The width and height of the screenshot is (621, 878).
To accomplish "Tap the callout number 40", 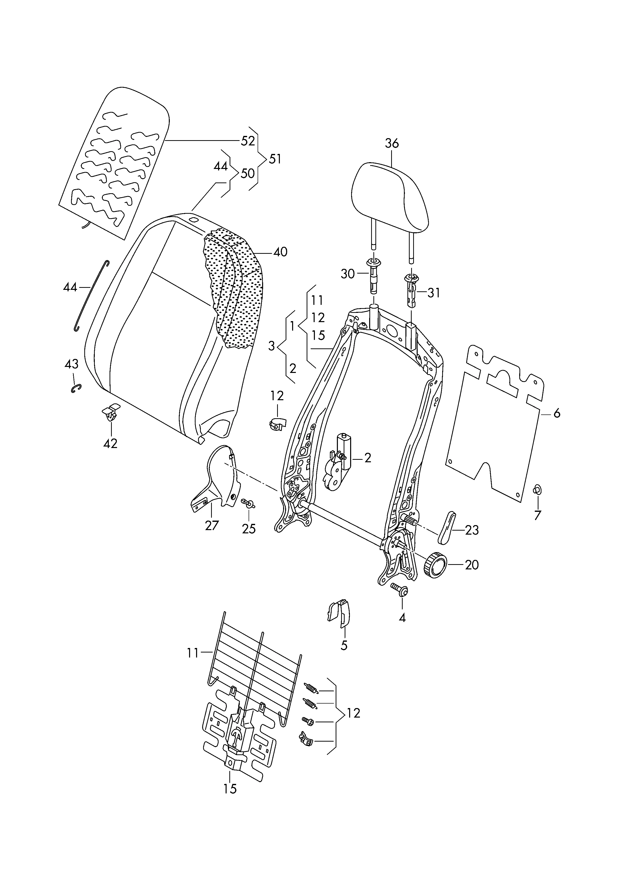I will tap(280, 252).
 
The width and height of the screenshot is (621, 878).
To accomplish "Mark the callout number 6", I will tap(556, 413).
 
